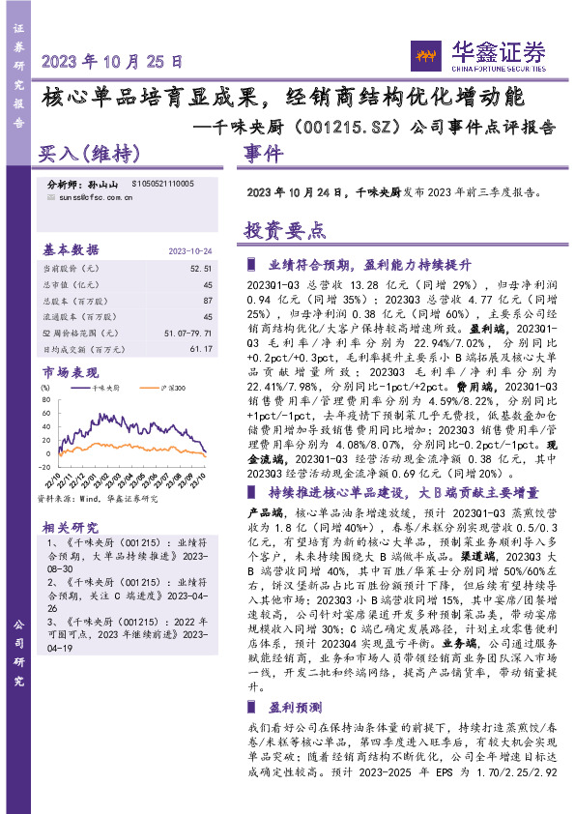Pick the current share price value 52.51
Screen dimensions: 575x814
coord(201,268)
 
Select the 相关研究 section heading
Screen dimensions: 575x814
coord(70,527)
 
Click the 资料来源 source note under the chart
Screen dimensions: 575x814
coord(97,499)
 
